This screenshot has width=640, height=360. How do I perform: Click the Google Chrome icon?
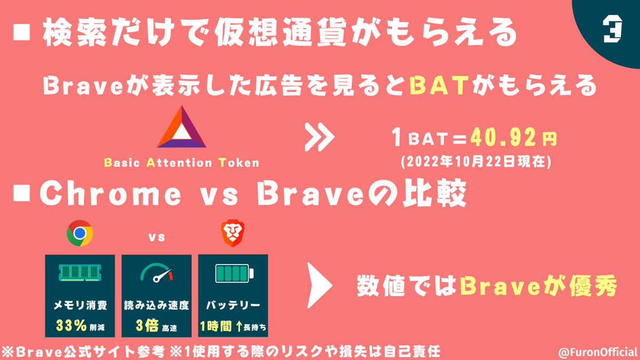80,233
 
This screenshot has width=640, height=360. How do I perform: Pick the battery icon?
233,274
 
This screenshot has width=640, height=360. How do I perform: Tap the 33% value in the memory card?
72,325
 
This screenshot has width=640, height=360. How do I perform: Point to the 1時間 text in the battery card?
216,325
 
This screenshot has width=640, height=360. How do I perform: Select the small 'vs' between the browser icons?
156,237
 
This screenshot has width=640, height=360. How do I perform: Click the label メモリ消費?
79,306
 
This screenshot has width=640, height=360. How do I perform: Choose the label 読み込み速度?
156,306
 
